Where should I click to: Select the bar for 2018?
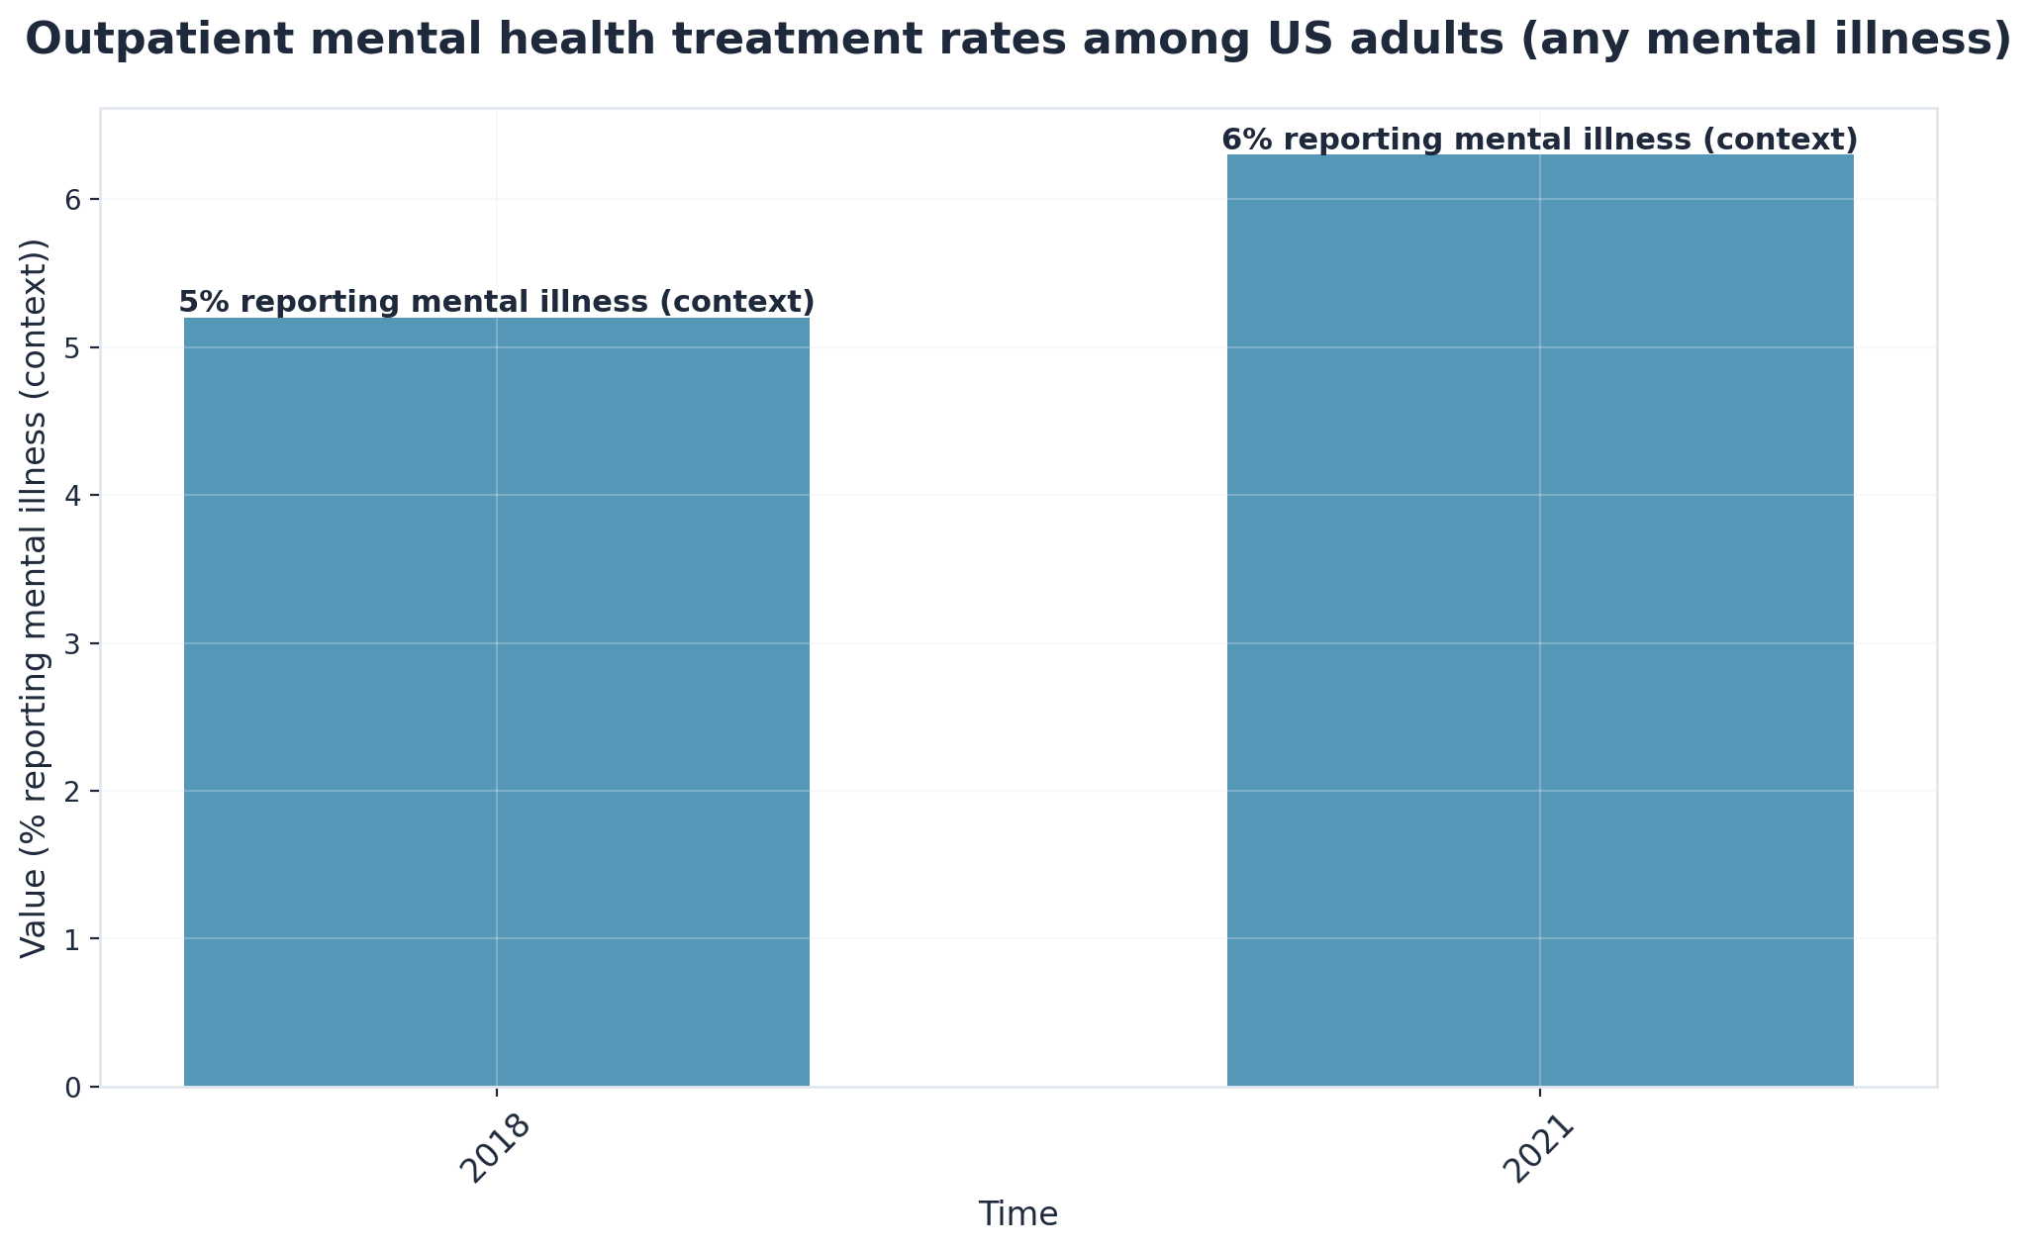point(496,702)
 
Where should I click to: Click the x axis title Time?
point(1017,1214)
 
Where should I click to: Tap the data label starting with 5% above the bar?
point(496,302)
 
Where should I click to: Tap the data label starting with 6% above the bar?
point(1539,140)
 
